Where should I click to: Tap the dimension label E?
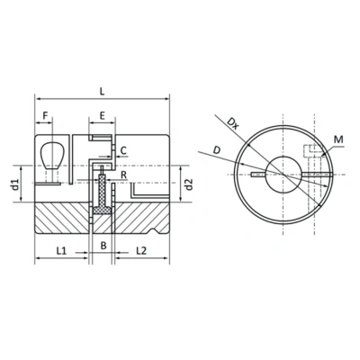pos(103,115)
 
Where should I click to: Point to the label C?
pos(123,150)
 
